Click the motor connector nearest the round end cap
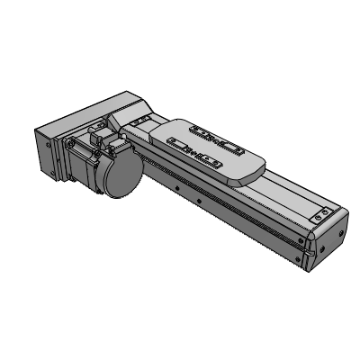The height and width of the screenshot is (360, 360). pos(112,141)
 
